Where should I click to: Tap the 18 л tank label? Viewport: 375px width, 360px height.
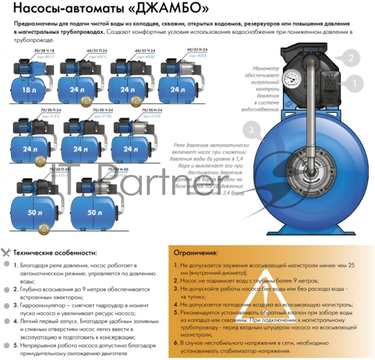coord(28,90)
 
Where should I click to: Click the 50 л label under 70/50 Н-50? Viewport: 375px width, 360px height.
coord(94,212)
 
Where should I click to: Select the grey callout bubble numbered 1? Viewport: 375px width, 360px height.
coord(354,84)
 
